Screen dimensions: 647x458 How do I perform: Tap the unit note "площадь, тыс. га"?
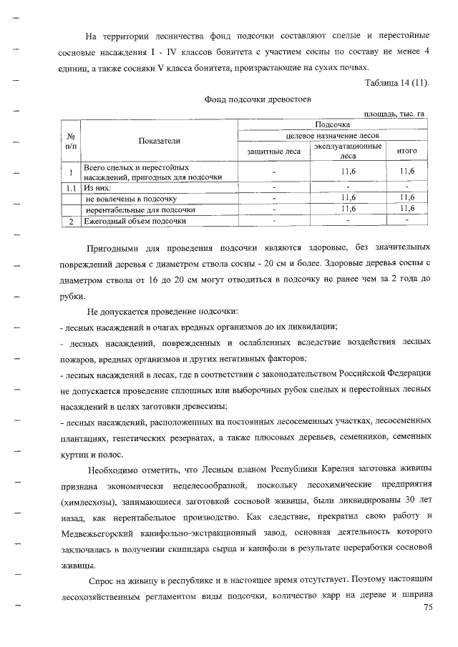394,114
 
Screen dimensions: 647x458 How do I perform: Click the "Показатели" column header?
159,142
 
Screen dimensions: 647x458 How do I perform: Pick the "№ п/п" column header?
71,141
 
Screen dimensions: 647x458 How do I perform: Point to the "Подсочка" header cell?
332,124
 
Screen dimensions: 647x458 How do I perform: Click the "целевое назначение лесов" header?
332,135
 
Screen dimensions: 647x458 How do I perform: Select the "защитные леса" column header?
273,152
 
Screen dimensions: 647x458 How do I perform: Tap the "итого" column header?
406,152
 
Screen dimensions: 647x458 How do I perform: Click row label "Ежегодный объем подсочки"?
135,222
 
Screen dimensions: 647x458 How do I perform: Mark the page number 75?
429,608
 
